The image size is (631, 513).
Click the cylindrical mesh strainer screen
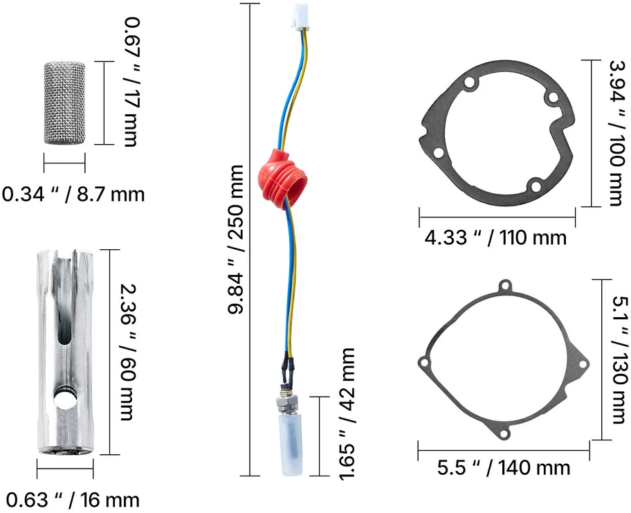tap(64, 102)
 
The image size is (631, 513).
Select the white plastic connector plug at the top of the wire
tap(301, 17)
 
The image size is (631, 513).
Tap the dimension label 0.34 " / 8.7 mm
tap(73, 195)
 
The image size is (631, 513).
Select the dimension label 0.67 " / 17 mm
tap(129, 82)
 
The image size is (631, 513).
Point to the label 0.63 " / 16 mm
tap(73, 500)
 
